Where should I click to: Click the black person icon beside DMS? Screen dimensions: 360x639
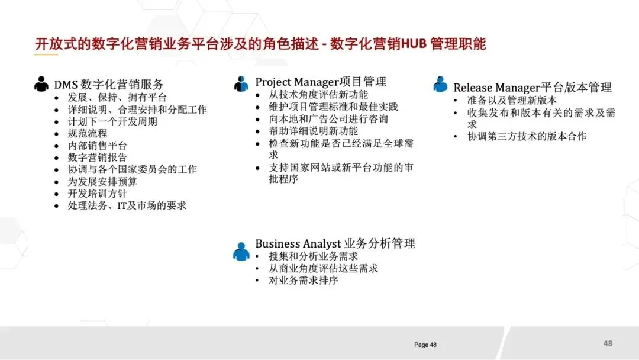click(x=41, y=84)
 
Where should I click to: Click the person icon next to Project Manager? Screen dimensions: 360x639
click(x=241, y=84)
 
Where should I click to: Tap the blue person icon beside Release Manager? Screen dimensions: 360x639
click(x=440, y=84)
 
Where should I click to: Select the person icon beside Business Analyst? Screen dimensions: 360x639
click(x=241, y=251)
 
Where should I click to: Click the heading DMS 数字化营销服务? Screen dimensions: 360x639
click(x=109, y=85)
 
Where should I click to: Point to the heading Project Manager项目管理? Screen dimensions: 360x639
click(x=321, y=82)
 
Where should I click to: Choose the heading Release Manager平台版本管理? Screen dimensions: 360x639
click(x=532, y=88)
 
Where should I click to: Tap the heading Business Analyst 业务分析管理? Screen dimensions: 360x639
click(x=335, y=243)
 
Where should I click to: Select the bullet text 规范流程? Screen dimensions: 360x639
click(x=88, y=133)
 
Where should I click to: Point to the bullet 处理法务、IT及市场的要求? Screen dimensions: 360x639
click(x=127, y=205)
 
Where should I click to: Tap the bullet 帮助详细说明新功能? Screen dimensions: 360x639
click(x=314, y=131)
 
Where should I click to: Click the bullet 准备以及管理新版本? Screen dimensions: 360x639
click(x=512, y=100)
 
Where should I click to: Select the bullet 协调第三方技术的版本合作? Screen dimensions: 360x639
click(x=527, y=136)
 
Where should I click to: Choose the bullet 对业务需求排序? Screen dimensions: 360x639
click(x=304, y=280)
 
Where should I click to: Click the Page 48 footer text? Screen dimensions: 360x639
click(x=425, y=345)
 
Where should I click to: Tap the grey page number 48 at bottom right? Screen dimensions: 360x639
click(x=608, y=343)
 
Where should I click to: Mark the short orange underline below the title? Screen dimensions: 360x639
click(x=46, y=55)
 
